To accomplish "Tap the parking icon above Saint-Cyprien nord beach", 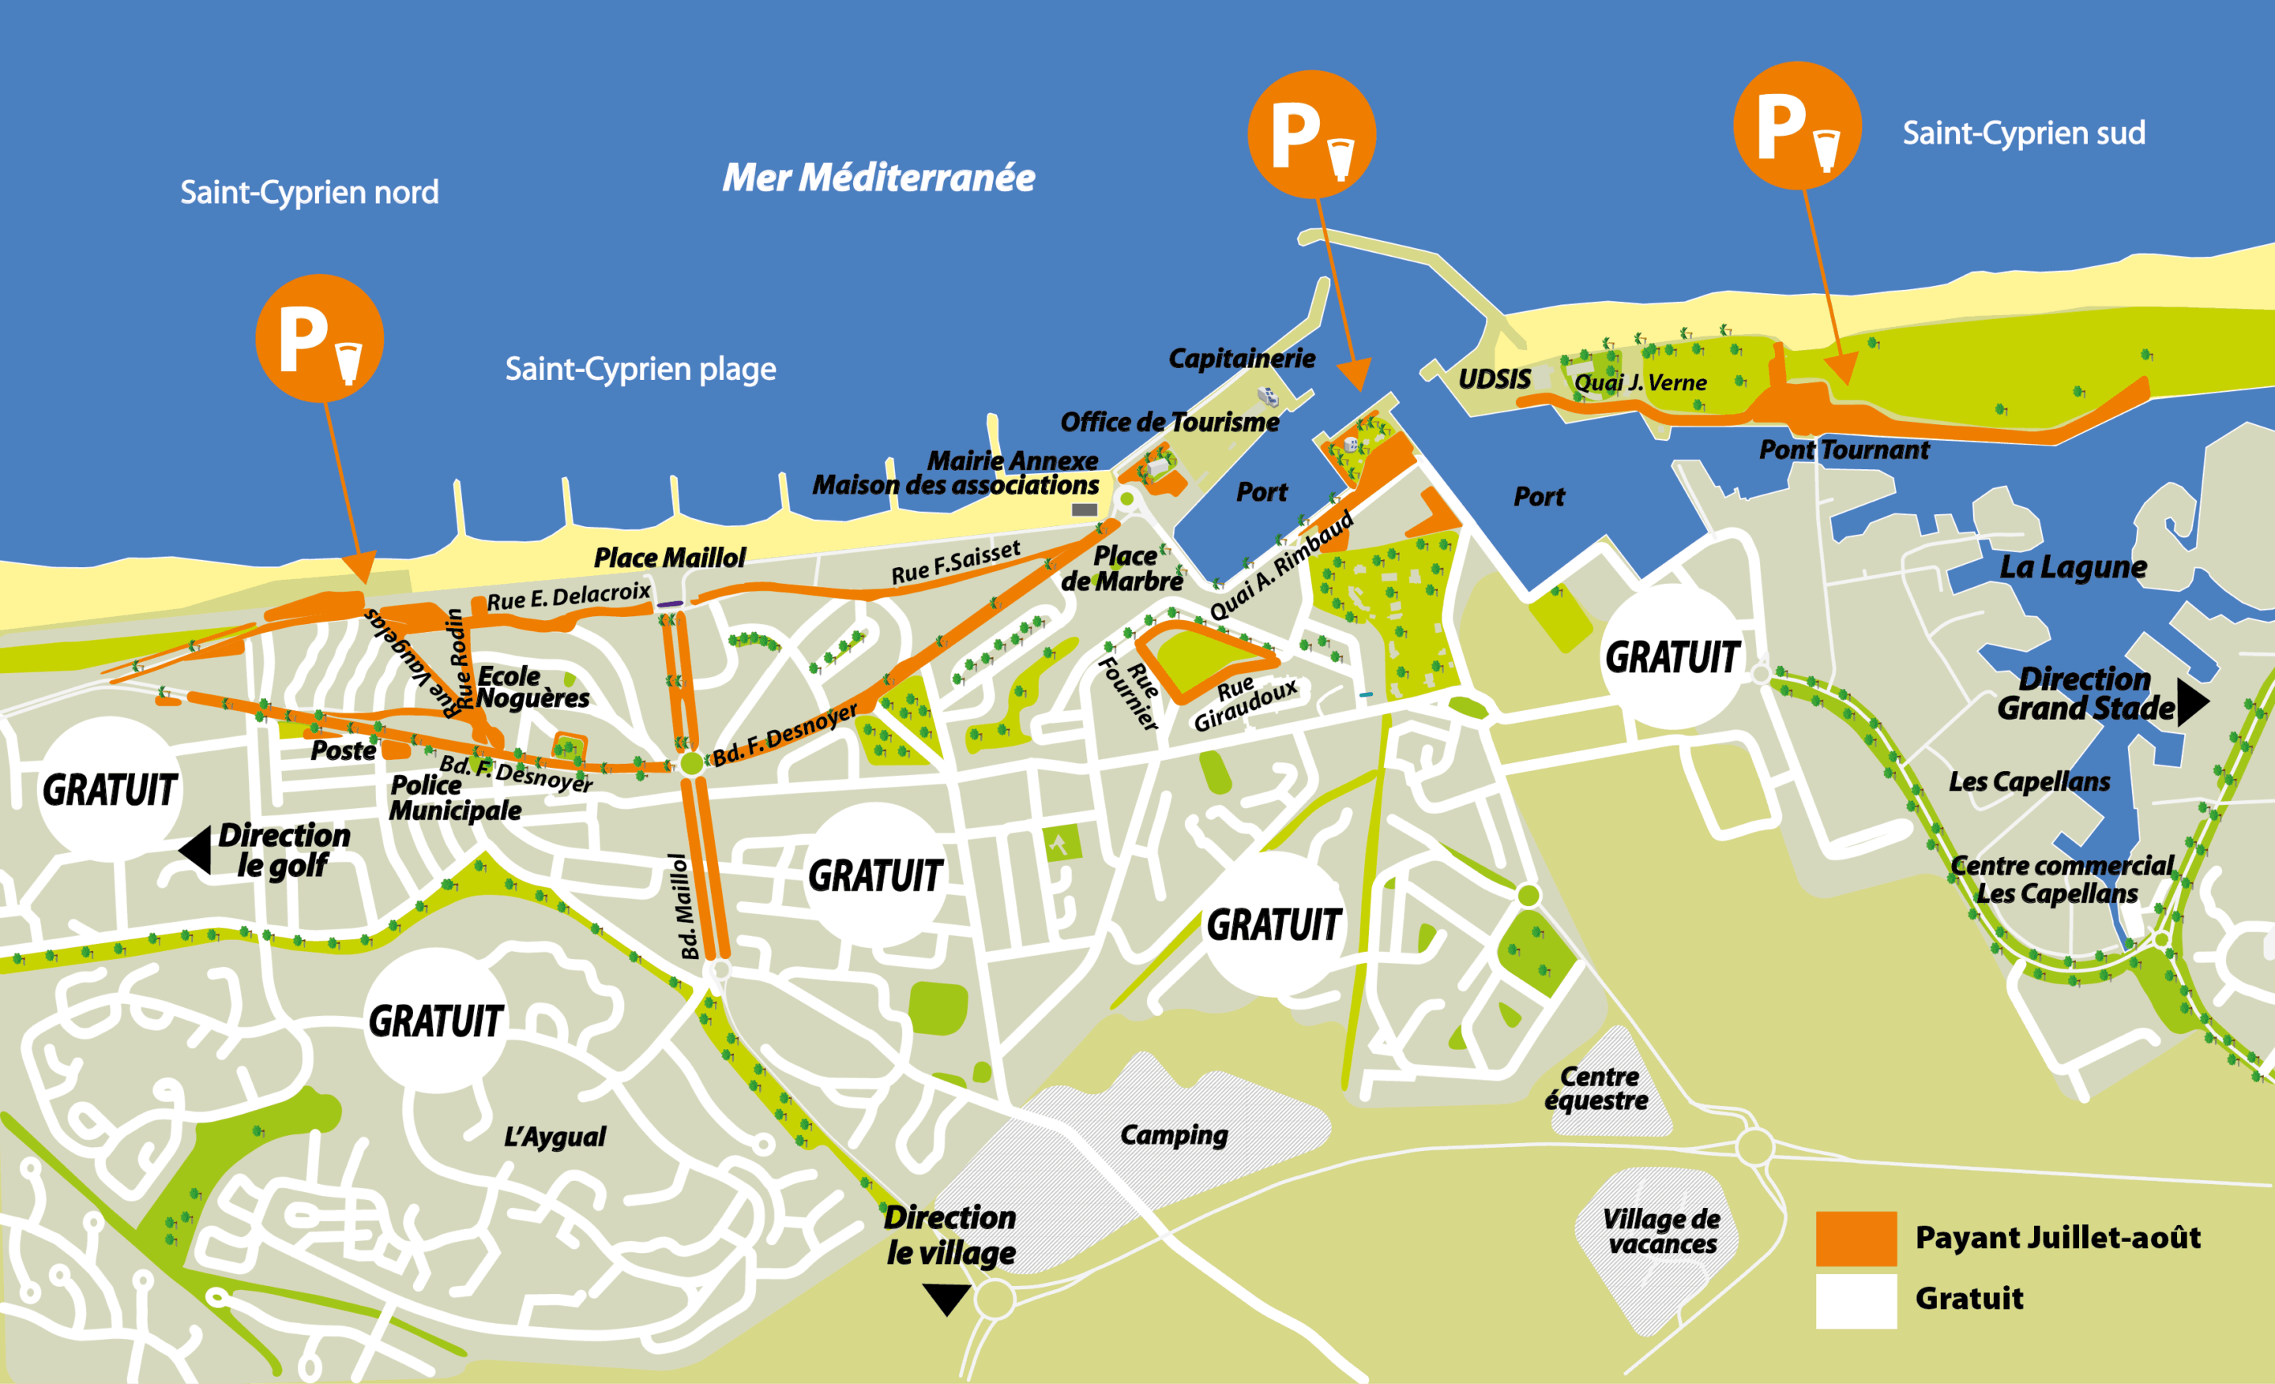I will (x=319, y=338).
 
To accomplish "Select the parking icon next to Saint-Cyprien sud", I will (x=1797, y=126).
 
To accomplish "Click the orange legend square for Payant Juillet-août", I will (x=1856, y=1238).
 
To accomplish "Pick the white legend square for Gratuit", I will (x=1856, y=1300).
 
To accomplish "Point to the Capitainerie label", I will (x=1241, y=358).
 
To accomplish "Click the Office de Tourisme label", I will (x=1169, y=422).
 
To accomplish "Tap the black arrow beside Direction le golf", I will (x=196, y=849).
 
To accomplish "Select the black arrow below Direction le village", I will (x=946, y=1298).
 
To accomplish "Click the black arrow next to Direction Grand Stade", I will (x=2192, y=702).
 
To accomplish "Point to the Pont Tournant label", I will (x=1843, y=449).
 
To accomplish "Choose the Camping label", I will (x=1174, y=1134).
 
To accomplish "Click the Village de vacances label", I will (x=1661, y=1231).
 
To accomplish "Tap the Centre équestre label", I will (x=1596, y=1089).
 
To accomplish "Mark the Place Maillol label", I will (x=669, y=558).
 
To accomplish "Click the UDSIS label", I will (x=1494, y=378).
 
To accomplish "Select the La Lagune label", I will (x=2072, y=567).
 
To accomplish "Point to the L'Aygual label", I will (x=554, y=1137).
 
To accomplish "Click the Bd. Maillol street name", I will (x=683, y=907).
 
